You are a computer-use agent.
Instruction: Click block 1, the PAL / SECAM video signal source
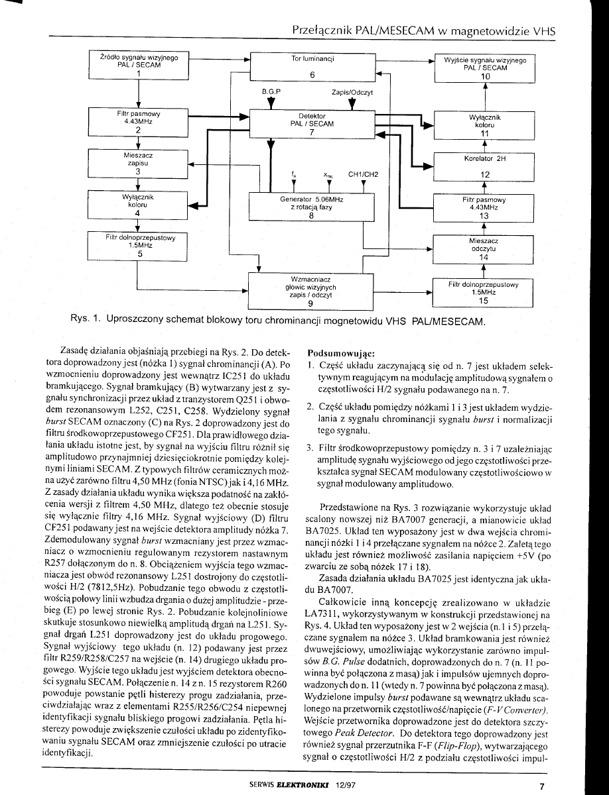click(x=139, y=66)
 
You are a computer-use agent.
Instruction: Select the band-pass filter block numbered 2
click(x=139, y=121)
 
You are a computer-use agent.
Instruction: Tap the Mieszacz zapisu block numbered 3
click(x=139, y=163)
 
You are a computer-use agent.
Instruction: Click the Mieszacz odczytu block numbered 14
click(x=484, y=248)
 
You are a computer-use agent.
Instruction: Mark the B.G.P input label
click(x=271, y=91)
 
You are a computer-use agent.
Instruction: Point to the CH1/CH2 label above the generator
click(x=362, y=175)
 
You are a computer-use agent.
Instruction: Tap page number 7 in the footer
click(x=541, y=786)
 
